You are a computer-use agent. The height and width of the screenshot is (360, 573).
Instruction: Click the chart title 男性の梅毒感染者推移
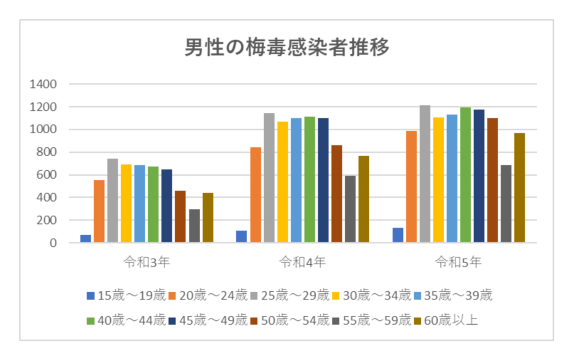point(286,48)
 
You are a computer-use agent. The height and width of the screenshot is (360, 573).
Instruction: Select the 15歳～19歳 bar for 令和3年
point(86,239)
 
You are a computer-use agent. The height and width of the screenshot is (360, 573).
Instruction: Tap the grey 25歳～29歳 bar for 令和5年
point(425,174)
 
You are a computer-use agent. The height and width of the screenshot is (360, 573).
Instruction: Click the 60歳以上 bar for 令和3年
point(208,218)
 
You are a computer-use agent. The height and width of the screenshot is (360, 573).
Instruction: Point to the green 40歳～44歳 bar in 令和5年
point(466,175)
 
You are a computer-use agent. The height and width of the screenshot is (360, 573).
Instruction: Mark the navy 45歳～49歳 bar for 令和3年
point(167,206)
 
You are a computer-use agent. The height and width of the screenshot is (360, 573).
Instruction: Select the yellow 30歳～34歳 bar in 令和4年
point(283,182)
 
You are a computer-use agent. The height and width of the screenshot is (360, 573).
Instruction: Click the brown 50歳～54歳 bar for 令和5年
point(492,180)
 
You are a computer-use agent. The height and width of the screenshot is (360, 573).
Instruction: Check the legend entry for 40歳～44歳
point(126,320)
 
